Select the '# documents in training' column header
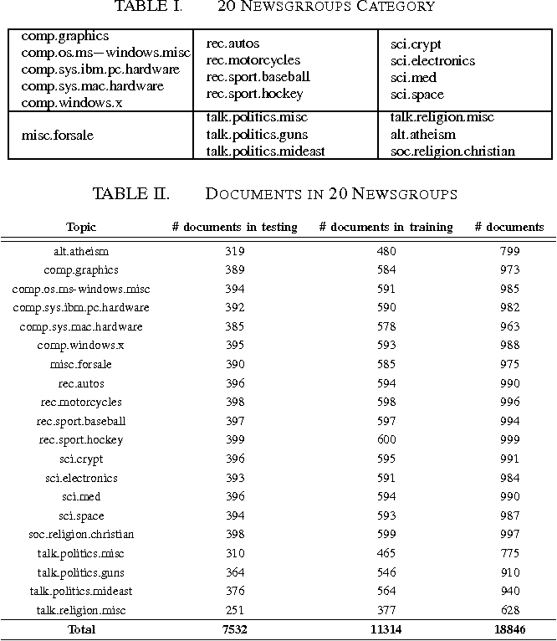[386, 227]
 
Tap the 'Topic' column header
[81, 227]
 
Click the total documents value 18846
[508, 629]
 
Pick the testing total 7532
[234, 629]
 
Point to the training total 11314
[386, 629]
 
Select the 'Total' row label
[81, 629]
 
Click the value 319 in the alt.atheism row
[234, 251]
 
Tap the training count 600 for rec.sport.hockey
[386, 440]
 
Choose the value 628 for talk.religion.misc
[508, 610]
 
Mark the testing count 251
[234, 610]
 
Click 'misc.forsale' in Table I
[57, 136]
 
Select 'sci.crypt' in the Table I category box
[416, 44]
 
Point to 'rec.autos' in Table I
[233, 44]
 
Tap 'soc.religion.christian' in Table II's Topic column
[81, 535]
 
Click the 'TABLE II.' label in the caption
[130, 194]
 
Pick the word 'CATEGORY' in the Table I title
[393, 8]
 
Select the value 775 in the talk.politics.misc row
[508, 553]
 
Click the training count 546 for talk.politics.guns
[386, 572]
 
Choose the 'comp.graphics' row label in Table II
[81, 270]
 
